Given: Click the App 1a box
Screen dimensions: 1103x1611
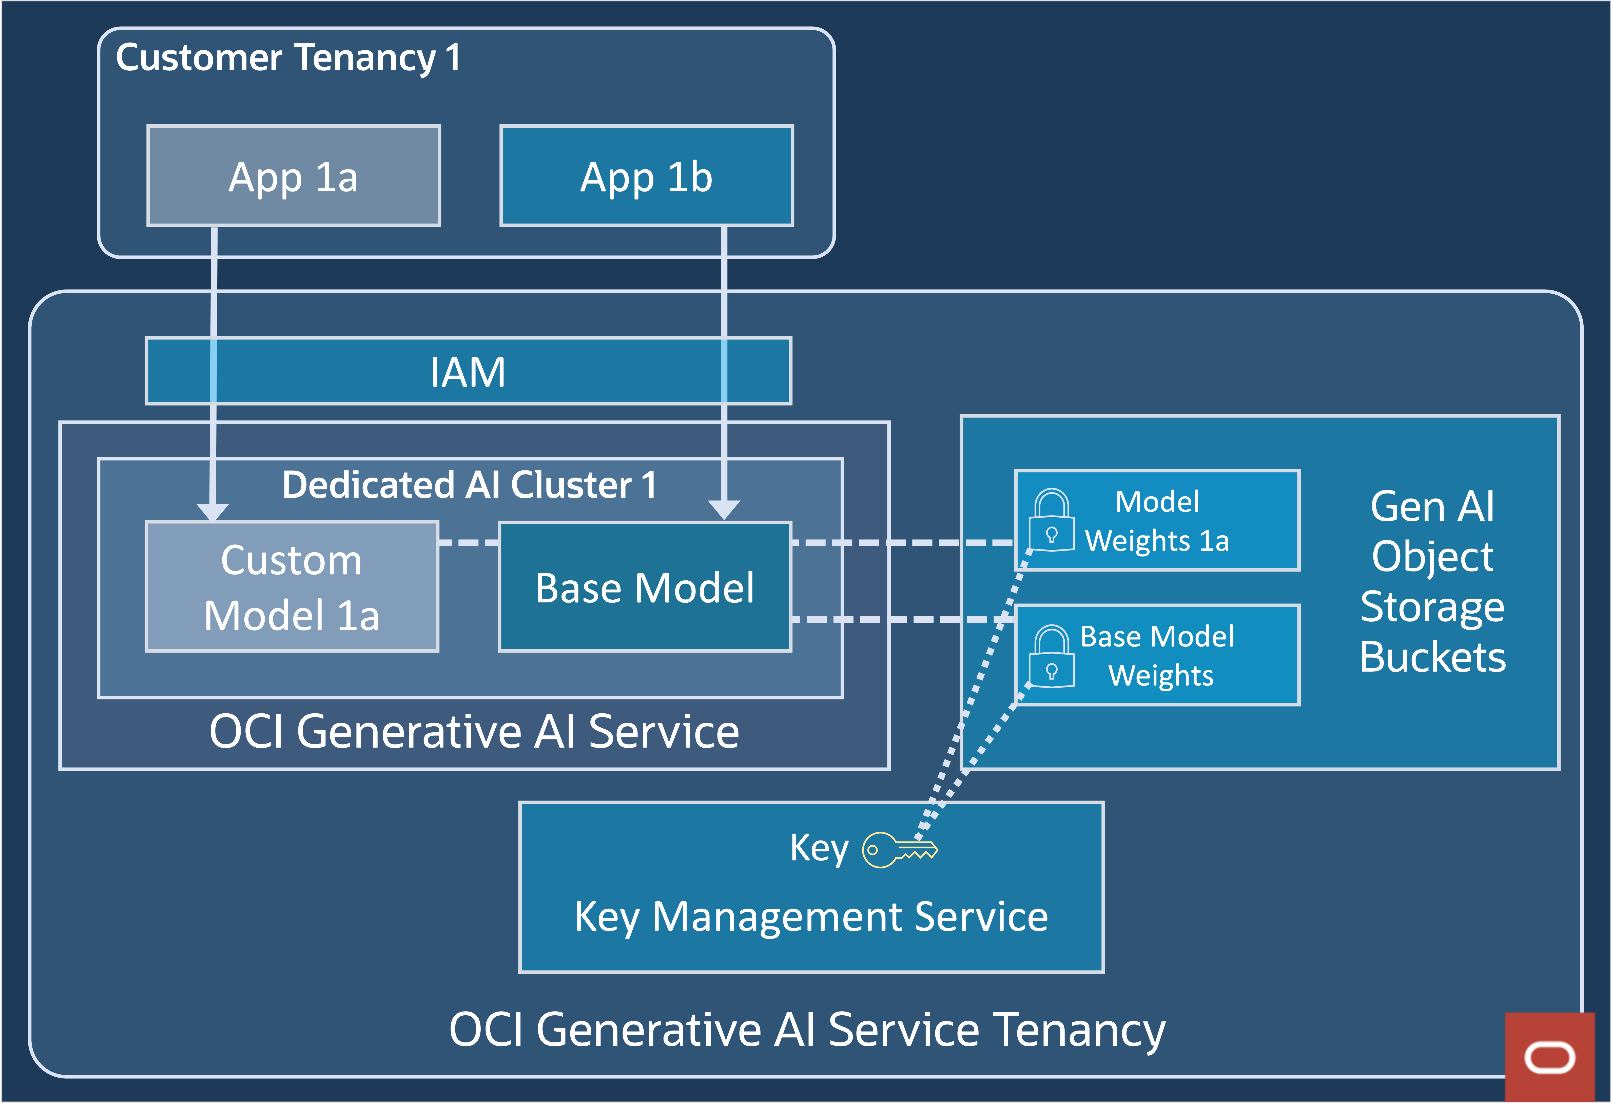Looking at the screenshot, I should click(x=293, y=176).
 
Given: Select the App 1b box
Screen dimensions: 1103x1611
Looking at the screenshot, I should click(x=646, y=176).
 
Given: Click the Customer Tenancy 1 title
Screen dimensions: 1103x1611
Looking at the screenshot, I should click(x=288, y=58).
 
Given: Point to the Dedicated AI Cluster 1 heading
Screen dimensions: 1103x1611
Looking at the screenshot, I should click(x=469, y=485).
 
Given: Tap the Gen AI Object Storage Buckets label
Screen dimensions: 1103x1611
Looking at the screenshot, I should click(x=1432, y=581).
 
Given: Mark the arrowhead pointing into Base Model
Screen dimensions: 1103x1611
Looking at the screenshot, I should click(x=724, y=509).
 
